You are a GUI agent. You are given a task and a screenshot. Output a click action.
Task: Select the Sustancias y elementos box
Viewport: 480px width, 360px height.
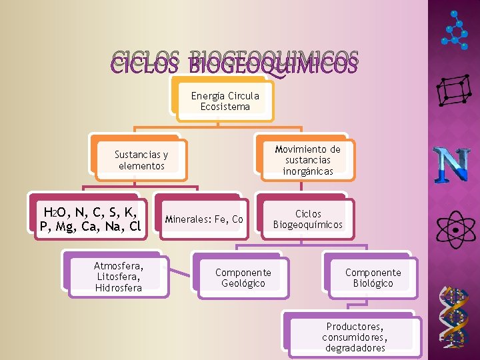point(141,160)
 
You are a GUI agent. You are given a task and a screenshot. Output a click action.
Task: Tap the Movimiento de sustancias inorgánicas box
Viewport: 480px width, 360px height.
point(307,160)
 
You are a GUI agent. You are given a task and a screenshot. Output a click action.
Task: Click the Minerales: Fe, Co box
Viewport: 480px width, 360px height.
point(203,219)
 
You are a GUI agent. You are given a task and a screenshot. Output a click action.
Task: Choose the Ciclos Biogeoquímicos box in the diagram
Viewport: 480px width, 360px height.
point(307,219)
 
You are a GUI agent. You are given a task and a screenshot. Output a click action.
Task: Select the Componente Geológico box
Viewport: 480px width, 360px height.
point(243,277)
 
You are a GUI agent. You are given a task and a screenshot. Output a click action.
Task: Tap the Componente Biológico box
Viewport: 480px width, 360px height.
point(373,277)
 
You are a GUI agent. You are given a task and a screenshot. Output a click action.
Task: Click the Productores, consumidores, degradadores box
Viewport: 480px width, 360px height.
point(355,337)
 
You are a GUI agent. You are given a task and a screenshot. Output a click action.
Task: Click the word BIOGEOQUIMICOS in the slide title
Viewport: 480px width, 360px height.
point(273,64)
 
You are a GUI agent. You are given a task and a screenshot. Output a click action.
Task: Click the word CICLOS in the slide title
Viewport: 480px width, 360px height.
point(145,64)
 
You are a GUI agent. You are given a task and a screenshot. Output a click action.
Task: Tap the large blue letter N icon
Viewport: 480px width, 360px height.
point(454,165)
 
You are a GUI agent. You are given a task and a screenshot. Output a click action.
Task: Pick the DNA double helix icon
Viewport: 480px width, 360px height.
point(457,317)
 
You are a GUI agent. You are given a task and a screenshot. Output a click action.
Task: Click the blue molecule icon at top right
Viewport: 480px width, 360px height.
point(455,29)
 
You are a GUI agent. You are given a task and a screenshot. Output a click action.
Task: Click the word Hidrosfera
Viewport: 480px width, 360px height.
point(119,288)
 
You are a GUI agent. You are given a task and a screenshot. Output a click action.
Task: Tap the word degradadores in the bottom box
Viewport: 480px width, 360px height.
point(355,348)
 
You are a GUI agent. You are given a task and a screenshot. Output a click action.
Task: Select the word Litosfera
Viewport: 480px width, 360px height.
point(119,277)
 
